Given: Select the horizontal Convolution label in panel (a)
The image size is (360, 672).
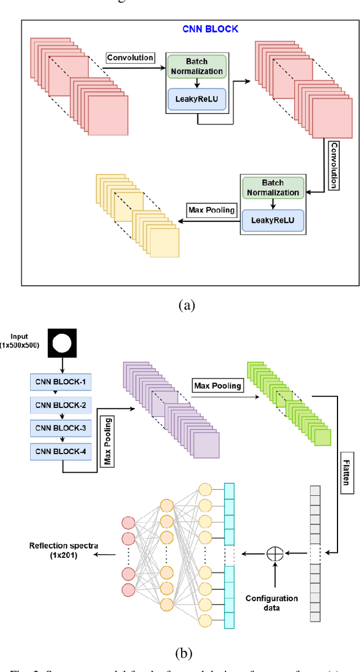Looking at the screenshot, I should click(130, 57).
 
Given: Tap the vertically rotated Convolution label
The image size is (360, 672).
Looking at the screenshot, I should click(334, 165).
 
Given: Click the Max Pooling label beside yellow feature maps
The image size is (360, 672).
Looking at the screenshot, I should click(210, 209).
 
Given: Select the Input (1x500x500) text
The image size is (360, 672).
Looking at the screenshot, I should click(20, 341).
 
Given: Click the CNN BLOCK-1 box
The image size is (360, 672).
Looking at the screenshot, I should click(60, 383).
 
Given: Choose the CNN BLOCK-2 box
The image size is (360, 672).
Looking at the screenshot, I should click(60, 405).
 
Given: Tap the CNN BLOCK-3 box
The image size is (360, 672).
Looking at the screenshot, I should click(60, 428).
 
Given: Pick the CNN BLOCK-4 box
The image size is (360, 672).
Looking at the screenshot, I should click(60, 450).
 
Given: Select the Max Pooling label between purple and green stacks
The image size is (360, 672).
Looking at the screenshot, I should click(218, 386).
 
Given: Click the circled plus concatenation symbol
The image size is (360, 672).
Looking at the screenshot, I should click(274, 553).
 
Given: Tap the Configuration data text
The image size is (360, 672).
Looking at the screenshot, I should click(272, 603).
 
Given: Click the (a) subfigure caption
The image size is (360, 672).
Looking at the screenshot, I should click(186, 305).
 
